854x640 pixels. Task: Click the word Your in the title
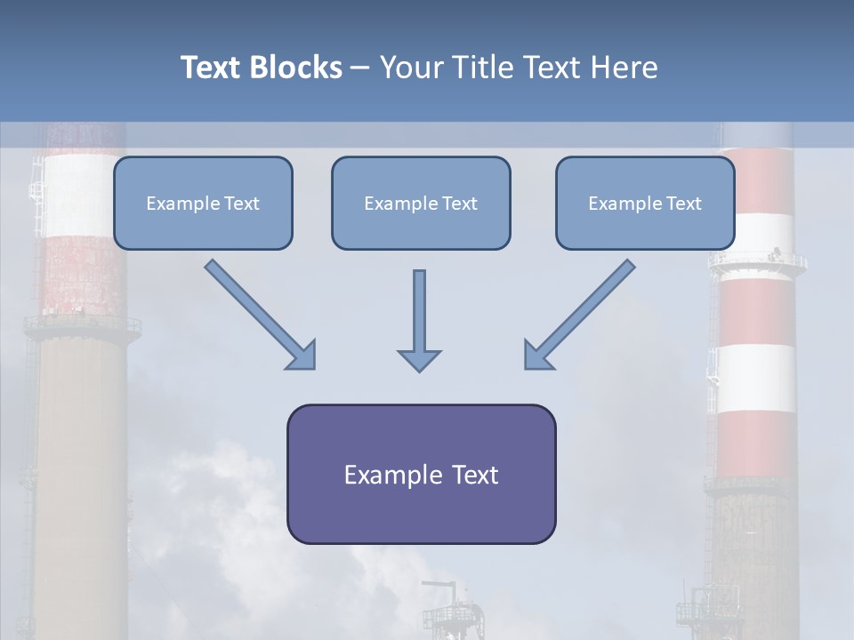tap(409, 68)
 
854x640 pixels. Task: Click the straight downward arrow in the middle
tap(419, 311)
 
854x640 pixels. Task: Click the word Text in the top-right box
tap(683, 204)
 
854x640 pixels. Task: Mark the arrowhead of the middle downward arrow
tap(419, 360)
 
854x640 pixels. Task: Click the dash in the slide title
tap(361, 68)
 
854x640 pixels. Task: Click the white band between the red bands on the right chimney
tap(756, 378)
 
